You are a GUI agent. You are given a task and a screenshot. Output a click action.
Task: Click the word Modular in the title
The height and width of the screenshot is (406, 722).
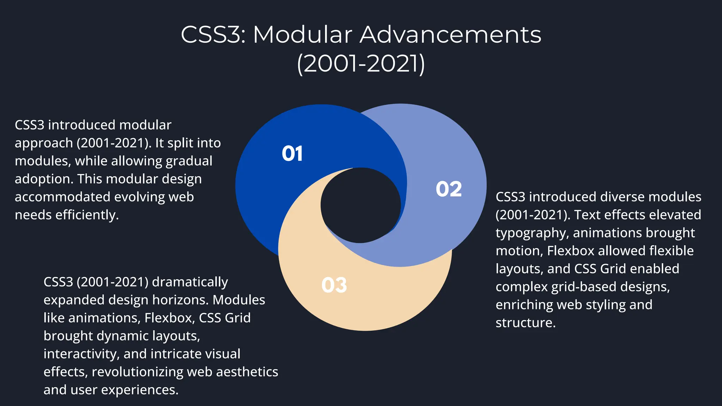tap(302, 35)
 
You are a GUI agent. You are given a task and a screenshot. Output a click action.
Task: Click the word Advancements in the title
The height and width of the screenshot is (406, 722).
tap(450, 35)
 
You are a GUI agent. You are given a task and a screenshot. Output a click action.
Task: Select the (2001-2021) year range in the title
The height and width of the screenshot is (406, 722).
tap(361, 64)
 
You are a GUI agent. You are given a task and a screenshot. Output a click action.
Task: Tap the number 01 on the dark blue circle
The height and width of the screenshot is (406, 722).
tap(292, 154)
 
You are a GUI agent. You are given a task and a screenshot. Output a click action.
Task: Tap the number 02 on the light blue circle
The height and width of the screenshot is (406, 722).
tap(448, 189)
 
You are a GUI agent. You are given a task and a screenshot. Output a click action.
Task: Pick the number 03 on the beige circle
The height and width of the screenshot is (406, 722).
tap(334, 285)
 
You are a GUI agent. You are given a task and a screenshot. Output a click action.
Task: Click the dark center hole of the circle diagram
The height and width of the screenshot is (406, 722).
tap(360, 205)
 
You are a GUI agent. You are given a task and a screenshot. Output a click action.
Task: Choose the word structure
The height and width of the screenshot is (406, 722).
tap(525, 323)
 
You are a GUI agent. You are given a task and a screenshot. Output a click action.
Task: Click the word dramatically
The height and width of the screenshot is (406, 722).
tap(190, 282)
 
